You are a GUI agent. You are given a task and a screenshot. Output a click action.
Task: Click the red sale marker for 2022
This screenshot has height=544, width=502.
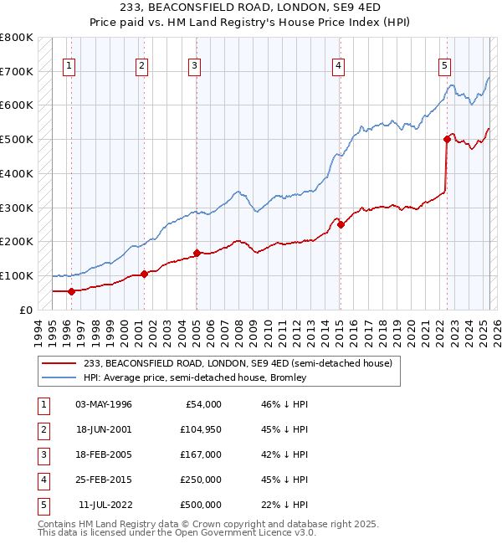[x=447, y=139]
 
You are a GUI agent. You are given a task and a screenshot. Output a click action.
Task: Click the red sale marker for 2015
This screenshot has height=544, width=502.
[x=341, y=224]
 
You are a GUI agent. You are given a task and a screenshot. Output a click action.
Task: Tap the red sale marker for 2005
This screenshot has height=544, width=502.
[x=197, y=253]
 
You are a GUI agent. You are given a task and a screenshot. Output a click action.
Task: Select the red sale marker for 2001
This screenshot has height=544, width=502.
[x=144, y=274]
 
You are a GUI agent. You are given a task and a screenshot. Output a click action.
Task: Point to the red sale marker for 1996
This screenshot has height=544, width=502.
[x=71, y=291]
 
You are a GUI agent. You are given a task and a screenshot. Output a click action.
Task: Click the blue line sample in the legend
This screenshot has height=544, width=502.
[x=59, y=377]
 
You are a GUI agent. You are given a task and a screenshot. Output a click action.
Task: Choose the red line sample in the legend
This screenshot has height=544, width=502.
[x=59, y=363]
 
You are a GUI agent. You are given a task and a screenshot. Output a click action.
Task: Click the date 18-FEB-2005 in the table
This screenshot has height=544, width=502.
[x=103, y=454]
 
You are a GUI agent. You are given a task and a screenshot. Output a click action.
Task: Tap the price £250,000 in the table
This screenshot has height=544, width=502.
[x=200, y=480]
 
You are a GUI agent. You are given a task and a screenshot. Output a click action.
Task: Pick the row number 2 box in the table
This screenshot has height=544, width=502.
[x=42, y=429]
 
